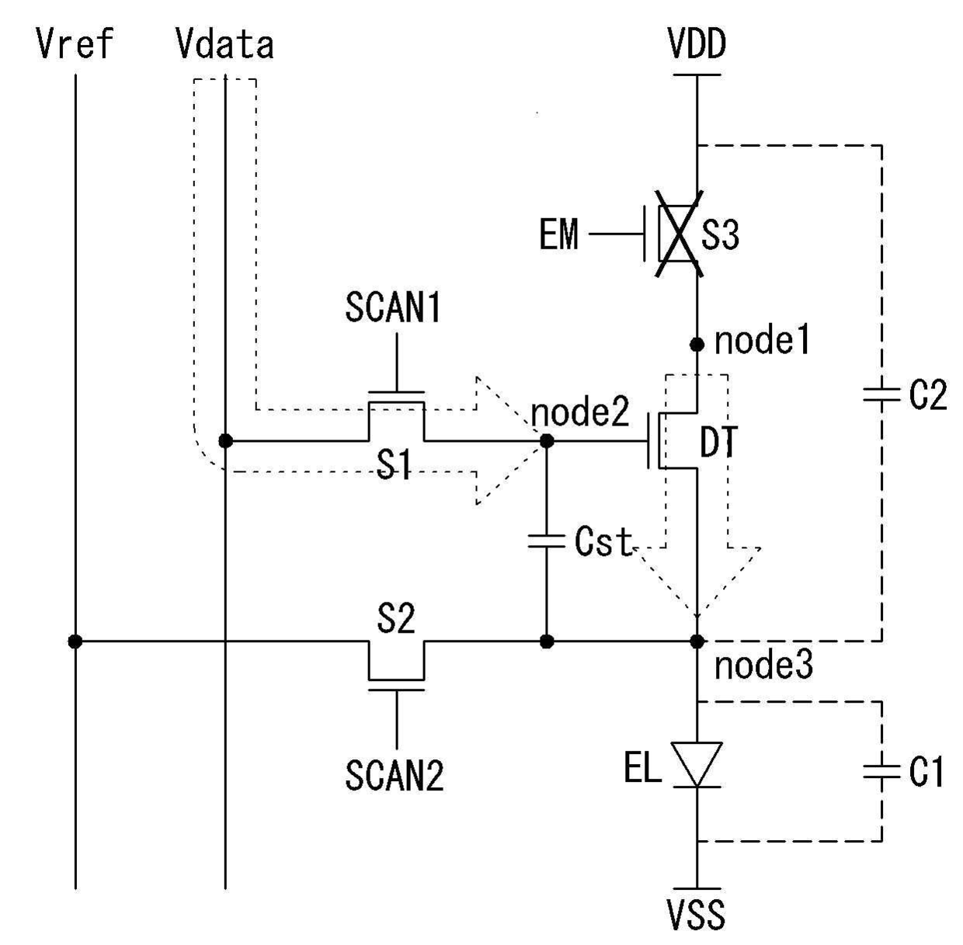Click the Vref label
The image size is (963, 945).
click(75, 44)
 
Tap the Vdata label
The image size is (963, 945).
click(225, 44)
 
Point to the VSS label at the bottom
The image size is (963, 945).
click(697, 914)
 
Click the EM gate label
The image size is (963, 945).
click(559, 234)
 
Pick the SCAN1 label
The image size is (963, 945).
click(393, 307)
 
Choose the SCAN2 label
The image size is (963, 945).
click(395, 775)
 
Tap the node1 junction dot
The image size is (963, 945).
click(697, 344)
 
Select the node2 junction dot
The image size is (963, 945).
click(548, 441)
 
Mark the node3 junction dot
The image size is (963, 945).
click(697, 641)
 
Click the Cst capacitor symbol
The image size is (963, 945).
click(547, 542)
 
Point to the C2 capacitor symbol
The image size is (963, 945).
click(881, 394)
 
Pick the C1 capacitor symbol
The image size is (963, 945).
click(881, 771)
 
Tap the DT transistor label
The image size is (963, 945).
click(718, 442)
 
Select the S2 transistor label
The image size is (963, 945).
click(395, 618)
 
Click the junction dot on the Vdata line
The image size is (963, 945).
click(226, 441)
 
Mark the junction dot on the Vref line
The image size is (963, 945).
click(75, 641)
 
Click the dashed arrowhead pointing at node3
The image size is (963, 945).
click(697, 582)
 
